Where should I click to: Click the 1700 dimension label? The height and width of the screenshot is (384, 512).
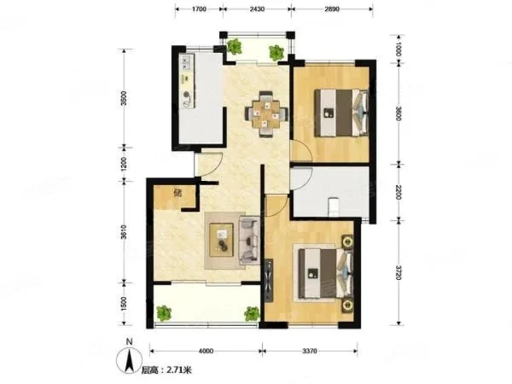click(199, 9)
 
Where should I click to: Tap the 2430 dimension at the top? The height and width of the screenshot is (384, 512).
click(257, 9)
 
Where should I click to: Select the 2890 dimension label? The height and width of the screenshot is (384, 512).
click(332, 9)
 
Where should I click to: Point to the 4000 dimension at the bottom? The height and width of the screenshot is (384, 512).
click(206, 352)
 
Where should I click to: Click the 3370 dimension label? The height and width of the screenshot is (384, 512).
click(310, 352)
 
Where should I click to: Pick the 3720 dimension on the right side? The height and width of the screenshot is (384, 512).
click(399, 273)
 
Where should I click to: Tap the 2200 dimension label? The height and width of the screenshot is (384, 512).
click(399, 192)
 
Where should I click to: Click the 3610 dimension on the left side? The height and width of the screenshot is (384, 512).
click(124, 232)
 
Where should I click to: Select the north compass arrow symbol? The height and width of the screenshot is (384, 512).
click(130, 361)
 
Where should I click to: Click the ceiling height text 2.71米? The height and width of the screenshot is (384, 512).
click(179, 370)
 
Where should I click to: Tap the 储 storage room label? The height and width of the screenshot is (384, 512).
click(177, 193)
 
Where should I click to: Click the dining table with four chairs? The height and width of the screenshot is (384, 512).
click(267, 114)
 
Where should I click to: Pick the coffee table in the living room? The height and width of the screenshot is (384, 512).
click(221, 240)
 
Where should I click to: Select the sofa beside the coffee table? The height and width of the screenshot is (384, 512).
click(249, 240)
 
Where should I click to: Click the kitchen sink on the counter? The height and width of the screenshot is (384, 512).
click(186, 62)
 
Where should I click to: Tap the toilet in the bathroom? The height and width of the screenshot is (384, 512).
click(335, 207)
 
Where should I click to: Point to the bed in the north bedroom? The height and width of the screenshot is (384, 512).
click(341, 113)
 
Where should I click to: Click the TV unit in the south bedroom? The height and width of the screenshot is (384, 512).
click(270, 280)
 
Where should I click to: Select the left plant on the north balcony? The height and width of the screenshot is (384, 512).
click(234, 46)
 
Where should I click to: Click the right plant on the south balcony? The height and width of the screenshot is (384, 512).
click(252, 313)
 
